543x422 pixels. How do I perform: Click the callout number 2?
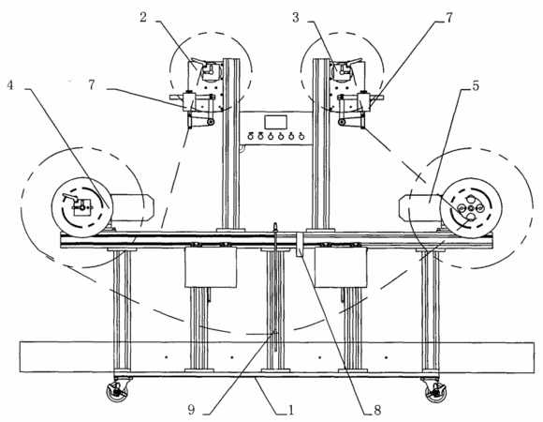pos(143,17)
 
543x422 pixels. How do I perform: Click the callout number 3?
pos(296,17)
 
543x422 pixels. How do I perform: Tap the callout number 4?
pos(10,84)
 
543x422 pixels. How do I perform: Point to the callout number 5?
pos(476,85)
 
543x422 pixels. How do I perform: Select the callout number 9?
pos(191,410)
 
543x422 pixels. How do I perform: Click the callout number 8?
pos(377,410)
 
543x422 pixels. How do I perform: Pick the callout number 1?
pos(291,410)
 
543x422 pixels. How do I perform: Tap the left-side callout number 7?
pos(92,84)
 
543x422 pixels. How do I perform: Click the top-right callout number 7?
pos(448,17)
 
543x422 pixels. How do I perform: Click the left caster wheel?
pos(117,393)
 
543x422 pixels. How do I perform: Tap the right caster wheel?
pos(435,393)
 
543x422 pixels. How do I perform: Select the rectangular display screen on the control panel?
pos(275,123)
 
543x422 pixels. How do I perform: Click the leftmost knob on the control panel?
pos(250,136)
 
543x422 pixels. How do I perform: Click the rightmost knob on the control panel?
pos(301,136)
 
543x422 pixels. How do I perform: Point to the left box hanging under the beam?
pos(211,266)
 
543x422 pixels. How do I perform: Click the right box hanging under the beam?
pos(341,266)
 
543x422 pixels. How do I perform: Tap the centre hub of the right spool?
pos(471,208)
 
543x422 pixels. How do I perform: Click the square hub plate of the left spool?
pos(81,207)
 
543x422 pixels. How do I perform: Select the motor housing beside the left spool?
pos(132,207)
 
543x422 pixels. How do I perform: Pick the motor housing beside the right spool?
pos(419,207)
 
